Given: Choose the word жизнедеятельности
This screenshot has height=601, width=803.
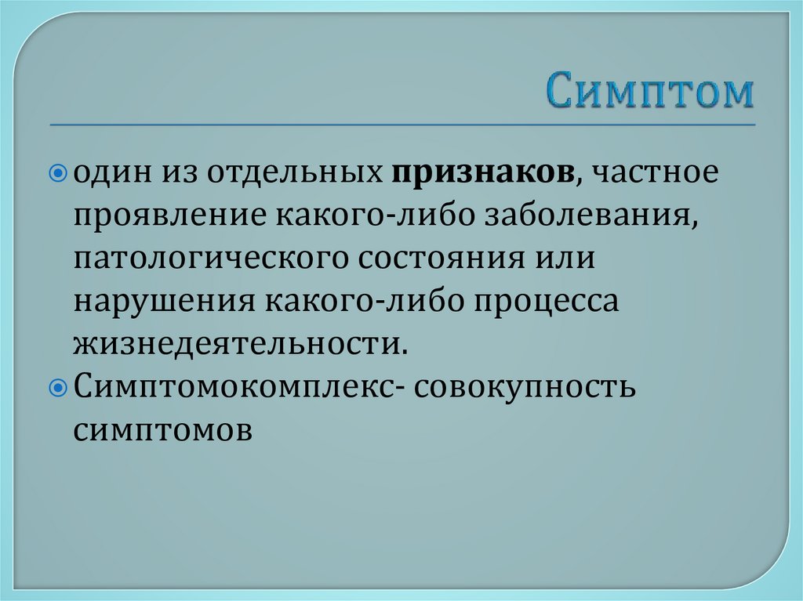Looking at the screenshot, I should pos(242,343).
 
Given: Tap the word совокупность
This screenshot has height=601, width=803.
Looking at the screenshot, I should pos(525,386).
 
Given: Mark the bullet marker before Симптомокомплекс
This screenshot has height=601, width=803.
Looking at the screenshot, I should pos(65,387).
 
